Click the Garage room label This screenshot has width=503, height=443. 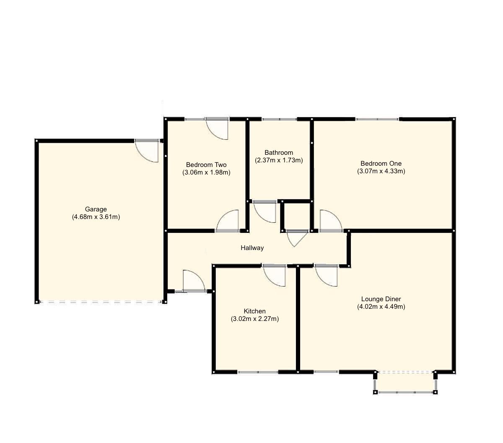pyautogui.click(x=96, y=209)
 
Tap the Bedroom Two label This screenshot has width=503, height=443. pyautogui.click(x=206, y=164)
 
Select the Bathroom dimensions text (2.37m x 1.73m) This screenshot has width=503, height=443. pyautogui.click(x=279, y=160)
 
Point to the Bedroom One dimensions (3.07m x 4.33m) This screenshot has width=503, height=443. pyautogui.click(x=381, y=171)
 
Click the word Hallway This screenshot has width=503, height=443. pyautogui.click(x=252, y=248)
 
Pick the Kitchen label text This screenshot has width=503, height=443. pyautogui.click(x=254, y=311)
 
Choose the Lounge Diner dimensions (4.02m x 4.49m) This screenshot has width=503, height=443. pyautogui.click(x=381, y=307)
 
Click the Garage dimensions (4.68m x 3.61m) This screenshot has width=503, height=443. pyautogui.click(x=96, y=217)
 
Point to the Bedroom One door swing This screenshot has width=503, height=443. pyautogui.click(x=330, y=221)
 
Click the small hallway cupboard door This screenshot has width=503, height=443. pyautogui.click(x=296, y=237)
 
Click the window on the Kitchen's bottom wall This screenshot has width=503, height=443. pyautogui.click(x=258, y=372)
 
